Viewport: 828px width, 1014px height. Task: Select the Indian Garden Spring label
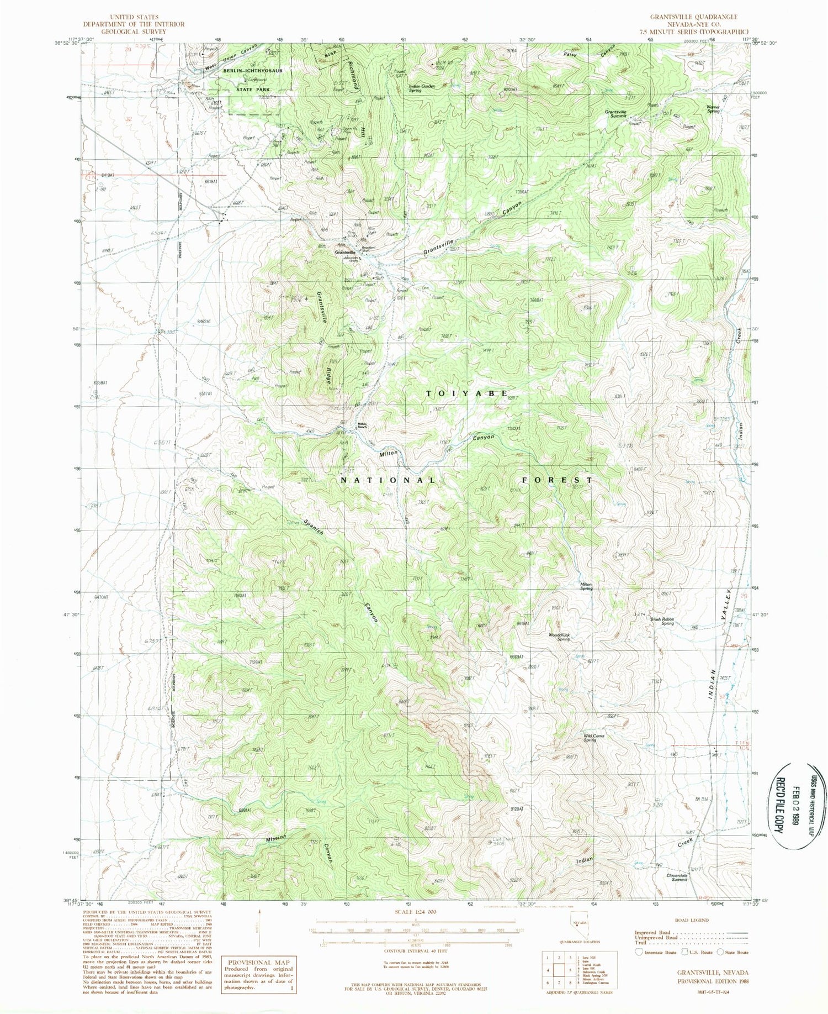(423, 88)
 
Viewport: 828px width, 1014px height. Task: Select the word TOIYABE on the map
(467, 393)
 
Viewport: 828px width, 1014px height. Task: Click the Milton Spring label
(586, 587)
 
